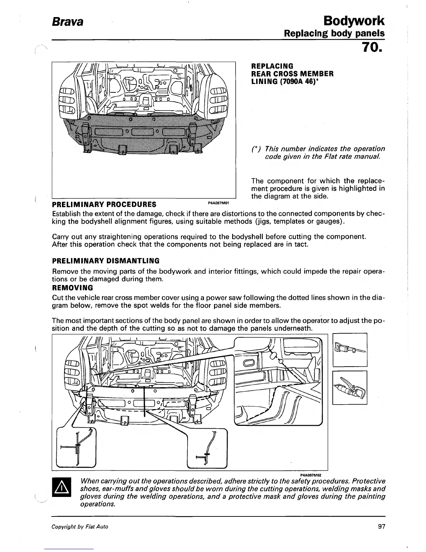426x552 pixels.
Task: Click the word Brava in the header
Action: [x=68, y=22]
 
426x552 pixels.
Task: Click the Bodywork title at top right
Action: [x=354, y=21]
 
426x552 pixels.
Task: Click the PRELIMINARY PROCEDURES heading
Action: [x=104, y=204]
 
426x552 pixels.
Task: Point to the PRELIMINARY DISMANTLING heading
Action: [x=105, y=261]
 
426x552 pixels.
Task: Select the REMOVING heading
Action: [x=72, y=288]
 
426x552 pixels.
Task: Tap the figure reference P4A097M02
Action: [x=310, y=475]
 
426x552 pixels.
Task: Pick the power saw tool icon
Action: [x=350, y=350]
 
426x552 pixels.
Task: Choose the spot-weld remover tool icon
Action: [x=350, y=388]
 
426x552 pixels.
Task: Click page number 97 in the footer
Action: [x=381, y=527]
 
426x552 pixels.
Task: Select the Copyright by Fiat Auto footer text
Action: [x=80, y=527]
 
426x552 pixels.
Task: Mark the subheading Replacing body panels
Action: [x=334, y=33]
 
